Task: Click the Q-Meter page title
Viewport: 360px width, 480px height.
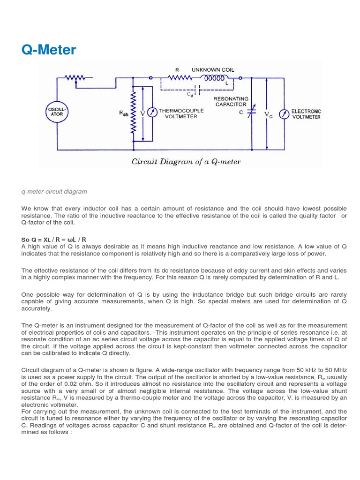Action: click(48, 50)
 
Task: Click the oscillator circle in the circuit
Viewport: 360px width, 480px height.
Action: click(57, 114)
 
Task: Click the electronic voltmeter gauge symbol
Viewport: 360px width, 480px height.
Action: click(282, 114)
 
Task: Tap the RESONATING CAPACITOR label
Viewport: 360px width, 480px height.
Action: click(231, 102)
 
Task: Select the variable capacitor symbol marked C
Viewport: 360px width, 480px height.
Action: click(253, 114)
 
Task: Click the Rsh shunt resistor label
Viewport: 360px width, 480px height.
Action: click(124, 114)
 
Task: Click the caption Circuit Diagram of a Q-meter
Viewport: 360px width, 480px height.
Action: click(187, 162)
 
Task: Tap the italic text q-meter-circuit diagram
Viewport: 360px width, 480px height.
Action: click(54, 192)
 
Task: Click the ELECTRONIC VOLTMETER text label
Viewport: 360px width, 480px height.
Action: click(306, 114)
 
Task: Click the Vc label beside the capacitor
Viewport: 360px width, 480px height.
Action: click(268, 114)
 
